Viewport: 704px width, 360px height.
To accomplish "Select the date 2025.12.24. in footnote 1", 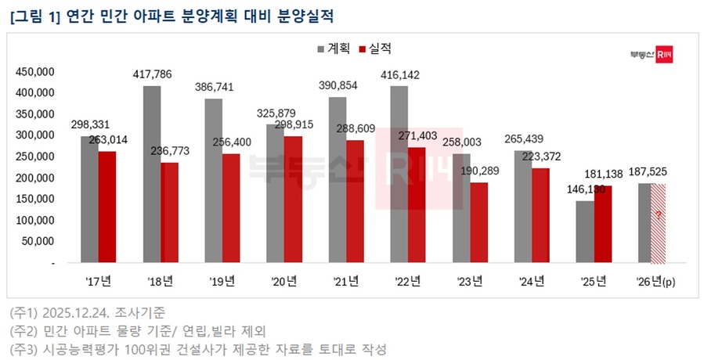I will [78, 312].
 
